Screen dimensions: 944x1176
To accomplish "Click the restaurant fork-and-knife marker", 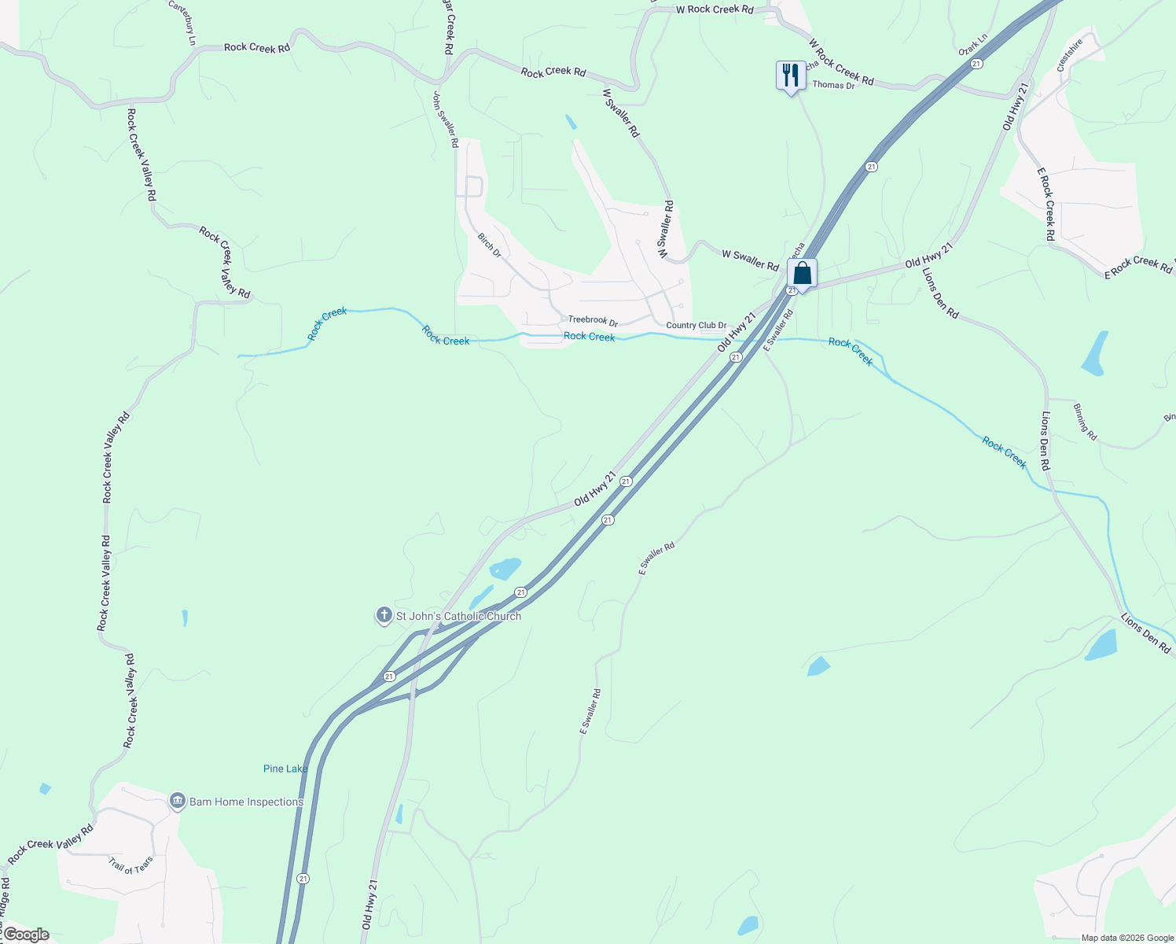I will pos(790,76).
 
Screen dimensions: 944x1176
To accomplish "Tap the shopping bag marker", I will pos(802,274).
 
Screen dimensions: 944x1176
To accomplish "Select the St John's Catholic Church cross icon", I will pos(384,615).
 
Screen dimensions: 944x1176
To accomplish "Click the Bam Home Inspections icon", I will pos(178,802).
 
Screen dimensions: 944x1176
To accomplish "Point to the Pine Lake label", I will pos(285,769).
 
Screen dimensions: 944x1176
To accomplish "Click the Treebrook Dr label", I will pos(593,321).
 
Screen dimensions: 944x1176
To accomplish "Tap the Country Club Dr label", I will pos(696,325).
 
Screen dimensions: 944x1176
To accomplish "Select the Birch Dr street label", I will pos(489,245).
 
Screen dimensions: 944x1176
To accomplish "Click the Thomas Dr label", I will pos(833,85).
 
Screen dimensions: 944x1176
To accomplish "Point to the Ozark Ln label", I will pos(972,44).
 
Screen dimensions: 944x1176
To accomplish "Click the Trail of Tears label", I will pos(131,865).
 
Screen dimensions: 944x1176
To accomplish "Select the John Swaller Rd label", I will pos(445,120).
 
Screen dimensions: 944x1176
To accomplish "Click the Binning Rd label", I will pos(1085,422).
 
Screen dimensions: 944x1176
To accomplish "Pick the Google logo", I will pos(26,935).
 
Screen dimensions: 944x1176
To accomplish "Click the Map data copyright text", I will pos(1127,938).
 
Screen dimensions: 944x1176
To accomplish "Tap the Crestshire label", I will pos(1070,55).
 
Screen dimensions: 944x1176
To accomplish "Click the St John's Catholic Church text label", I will pos(458,616).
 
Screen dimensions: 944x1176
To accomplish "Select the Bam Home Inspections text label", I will pos(246,802).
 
